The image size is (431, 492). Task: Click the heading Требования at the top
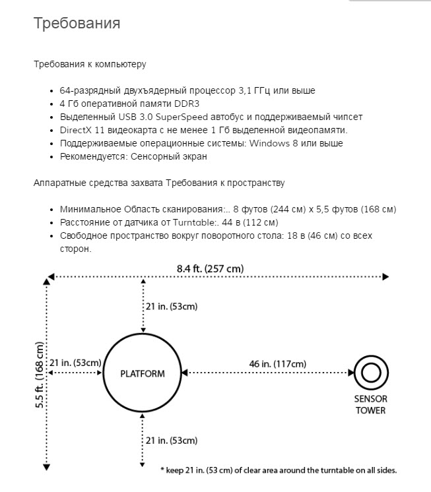click(x=77, y=24)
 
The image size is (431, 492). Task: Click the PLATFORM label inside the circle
click(x=142, y=373)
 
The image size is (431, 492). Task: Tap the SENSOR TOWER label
click(x=371, y=404)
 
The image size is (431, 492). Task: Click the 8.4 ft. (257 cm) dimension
click(x=210, y=268)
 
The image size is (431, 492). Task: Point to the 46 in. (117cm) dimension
click(x=277, y=363)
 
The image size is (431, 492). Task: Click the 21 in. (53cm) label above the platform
click(x=171, y=306)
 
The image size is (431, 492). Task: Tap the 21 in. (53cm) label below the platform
click(x=171, y=440)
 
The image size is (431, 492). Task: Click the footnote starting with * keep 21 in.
click(x=279, y=470)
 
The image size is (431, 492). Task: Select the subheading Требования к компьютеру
click(x=90, y=65)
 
